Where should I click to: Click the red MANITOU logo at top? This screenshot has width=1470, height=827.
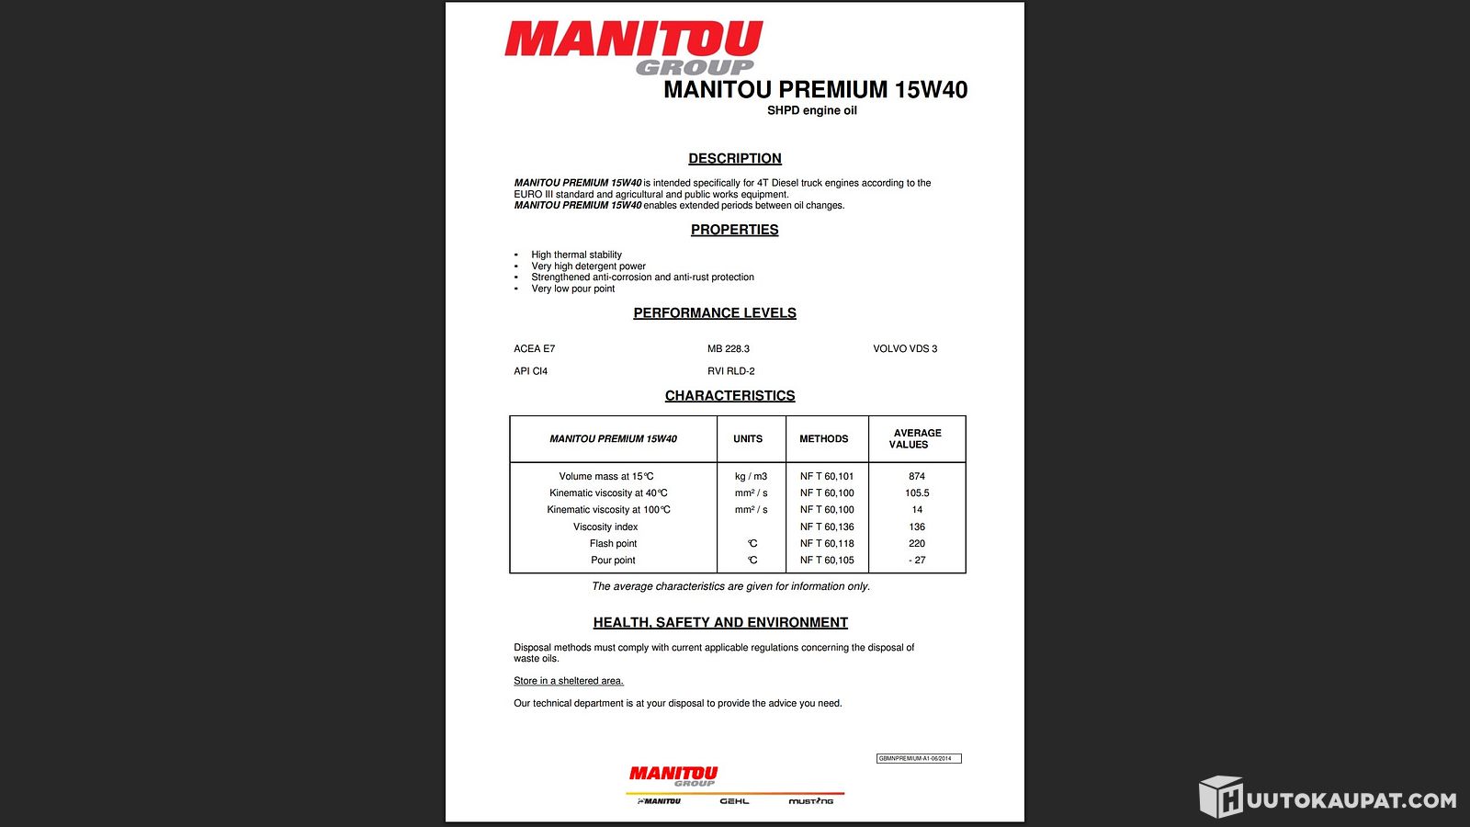coord(633,41)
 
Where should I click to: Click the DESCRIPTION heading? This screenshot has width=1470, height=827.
coord(735,159)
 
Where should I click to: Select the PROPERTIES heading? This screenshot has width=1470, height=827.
coord(734,230)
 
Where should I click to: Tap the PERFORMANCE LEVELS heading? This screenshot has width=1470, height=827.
coord(715,313)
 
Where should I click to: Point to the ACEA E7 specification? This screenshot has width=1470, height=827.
coord(535,349)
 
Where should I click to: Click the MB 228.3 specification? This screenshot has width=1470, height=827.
coord(729,349)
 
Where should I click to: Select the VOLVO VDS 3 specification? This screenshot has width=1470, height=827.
coord(905,349)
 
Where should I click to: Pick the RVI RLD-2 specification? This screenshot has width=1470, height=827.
coord(731,371)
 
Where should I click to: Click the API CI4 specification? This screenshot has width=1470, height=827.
coord(531,371)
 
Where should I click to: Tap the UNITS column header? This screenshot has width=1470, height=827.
coord(748,439)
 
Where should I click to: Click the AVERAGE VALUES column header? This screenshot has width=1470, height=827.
coord(915,438)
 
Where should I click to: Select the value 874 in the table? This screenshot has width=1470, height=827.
coord(917,476)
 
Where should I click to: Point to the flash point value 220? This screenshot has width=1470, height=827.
coord(917,543)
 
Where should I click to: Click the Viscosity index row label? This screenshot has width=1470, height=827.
coord(605,527)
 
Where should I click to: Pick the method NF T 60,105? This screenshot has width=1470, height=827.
coord(827,560)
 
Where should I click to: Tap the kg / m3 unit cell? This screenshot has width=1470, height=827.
coord(751,476)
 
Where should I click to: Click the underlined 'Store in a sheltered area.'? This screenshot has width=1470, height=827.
coord(569,681)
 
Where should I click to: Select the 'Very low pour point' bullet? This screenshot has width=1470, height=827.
coord(573,289)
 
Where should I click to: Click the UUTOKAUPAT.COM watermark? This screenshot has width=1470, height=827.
coord(1329,799)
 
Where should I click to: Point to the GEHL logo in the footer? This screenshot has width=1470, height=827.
coord(734,801)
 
